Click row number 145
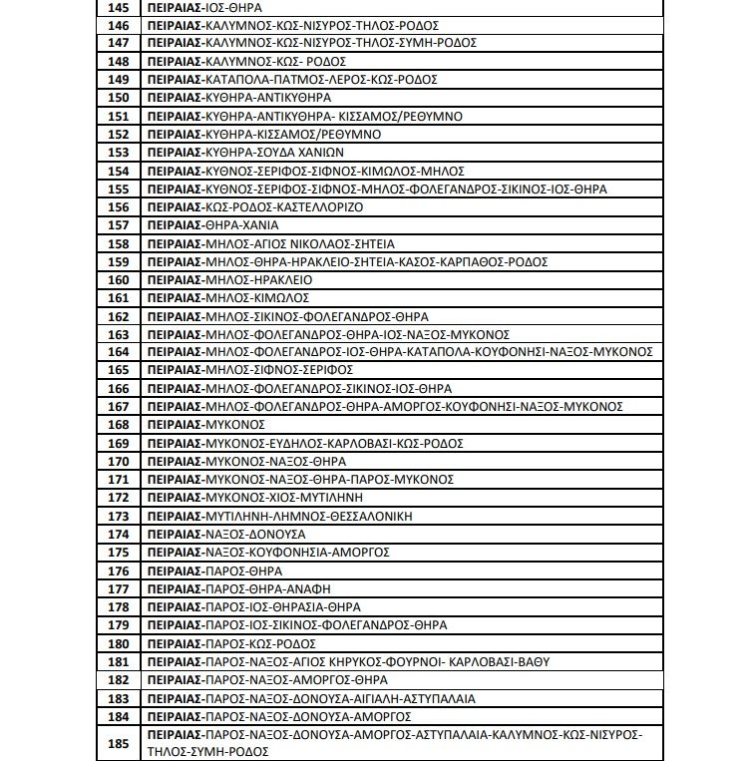pos(119,7)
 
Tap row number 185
pos(119,743)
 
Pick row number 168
pos(119,425)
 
